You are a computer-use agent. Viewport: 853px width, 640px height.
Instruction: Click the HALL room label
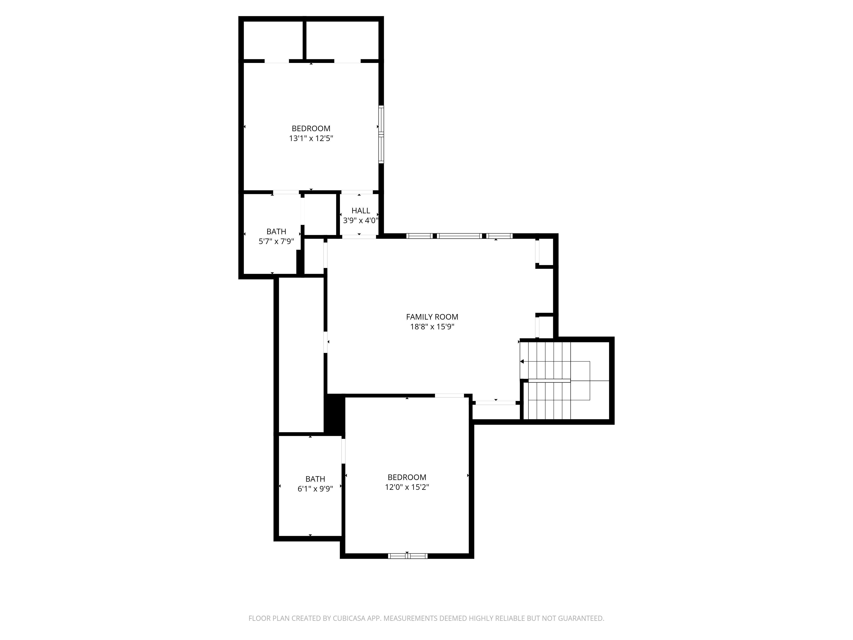coord(361,211)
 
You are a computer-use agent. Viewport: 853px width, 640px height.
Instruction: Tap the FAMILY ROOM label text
coord(432,317)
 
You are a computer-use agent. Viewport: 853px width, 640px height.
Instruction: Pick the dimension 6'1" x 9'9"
coord(315,489)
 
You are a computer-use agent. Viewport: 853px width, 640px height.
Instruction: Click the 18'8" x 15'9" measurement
coord(432,327)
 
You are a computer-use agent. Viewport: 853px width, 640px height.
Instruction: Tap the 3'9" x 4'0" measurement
coord(361,221)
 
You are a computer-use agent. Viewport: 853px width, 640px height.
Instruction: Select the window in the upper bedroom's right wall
coord(381,134)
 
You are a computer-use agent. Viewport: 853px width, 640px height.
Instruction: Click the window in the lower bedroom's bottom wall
coord(408,556)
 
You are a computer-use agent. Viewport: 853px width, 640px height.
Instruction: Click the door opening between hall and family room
coord(359,236)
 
